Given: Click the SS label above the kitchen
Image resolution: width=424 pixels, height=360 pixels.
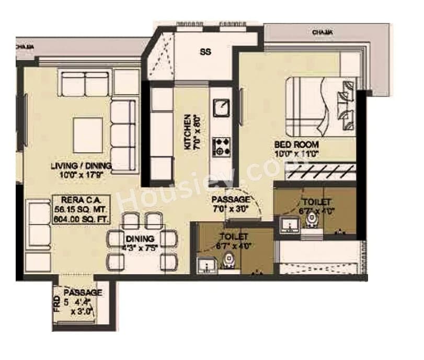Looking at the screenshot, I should (x=205, y=52).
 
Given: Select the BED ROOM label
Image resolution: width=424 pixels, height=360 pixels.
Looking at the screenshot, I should (x=296, y=144).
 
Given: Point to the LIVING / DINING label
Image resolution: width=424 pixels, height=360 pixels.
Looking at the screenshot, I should (x=82, y=166).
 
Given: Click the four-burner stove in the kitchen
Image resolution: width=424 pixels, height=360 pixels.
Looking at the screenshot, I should (x=222, y=146).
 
